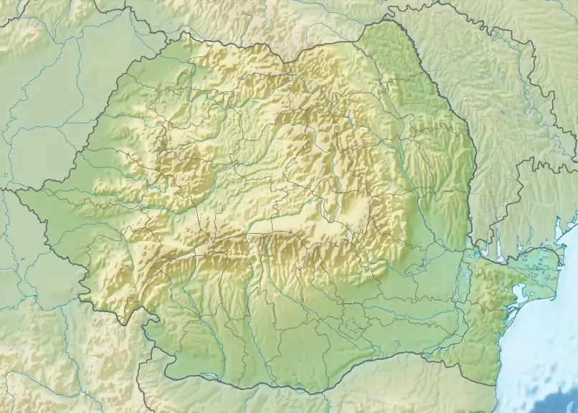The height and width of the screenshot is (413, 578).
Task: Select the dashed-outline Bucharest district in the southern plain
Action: (351, 326)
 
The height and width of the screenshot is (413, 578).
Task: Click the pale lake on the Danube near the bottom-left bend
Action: (208, 374)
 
